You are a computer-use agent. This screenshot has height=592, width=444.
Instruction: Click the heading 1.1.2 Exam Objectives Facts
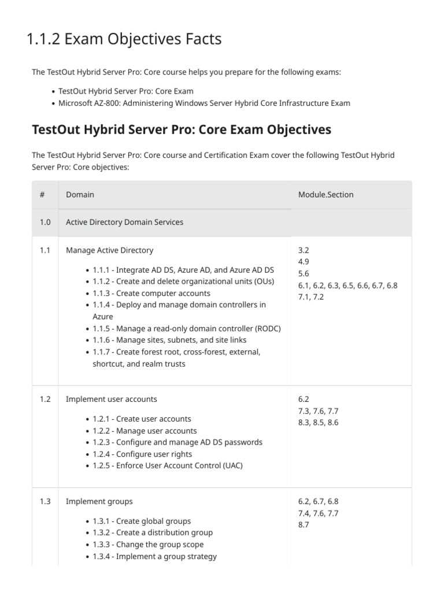[x=124, y=39]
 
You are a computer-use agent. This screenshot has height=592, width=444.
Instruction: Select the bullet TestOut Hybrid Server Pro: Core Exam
[x=125, y=91]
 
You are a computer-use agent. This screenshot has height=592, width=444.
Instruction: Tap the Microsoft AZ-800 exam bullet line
[x=204, y=103]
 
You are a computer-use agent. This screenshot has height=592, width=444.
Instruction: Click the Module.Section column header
[x=325, y=195]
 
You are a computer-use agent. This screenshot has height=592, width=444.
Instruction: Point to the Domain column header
[x=80, y=195]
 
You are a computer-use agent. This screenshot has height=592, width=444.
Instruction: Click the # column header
[x=42, y=195]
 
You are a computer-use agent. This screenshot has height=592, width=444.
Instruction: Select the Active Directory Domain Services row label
[x=124, y=222]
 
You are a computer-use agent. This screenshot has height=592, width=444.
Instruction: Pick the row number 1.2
[x=45, y=399]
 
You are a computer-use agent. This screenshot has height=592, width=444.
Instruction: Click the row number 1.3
[x=45, y=501]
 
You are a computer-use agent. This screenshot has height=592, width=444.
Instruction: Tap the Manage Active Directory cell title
[x=109, y=250]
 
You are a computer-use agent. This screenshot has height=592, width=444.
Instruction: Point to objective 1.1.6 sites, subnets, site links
[x=169, y=340]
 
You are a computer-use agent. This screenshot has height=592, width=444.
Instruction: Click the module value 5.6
[x=304, y=273]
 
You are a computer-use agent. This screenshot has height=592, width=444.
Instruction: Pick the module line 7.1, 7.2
[x=311, y=297]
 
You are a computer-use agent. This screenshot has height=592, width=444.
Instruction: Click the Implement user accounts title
[x=111, y=399]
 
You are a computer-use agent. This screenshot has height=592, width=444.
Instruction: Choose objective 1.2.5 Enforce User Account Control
[x=168, y=465]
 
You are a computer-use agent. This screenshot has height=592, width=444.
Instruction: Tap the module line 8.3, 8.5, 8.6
[x=318, y=423]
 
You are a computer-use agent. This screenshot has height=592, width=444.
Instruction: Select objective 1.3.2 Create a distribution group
[x=153, y=532]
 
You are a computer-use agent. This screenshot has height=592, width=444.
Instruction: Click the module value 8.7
[x=304, y=525]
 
